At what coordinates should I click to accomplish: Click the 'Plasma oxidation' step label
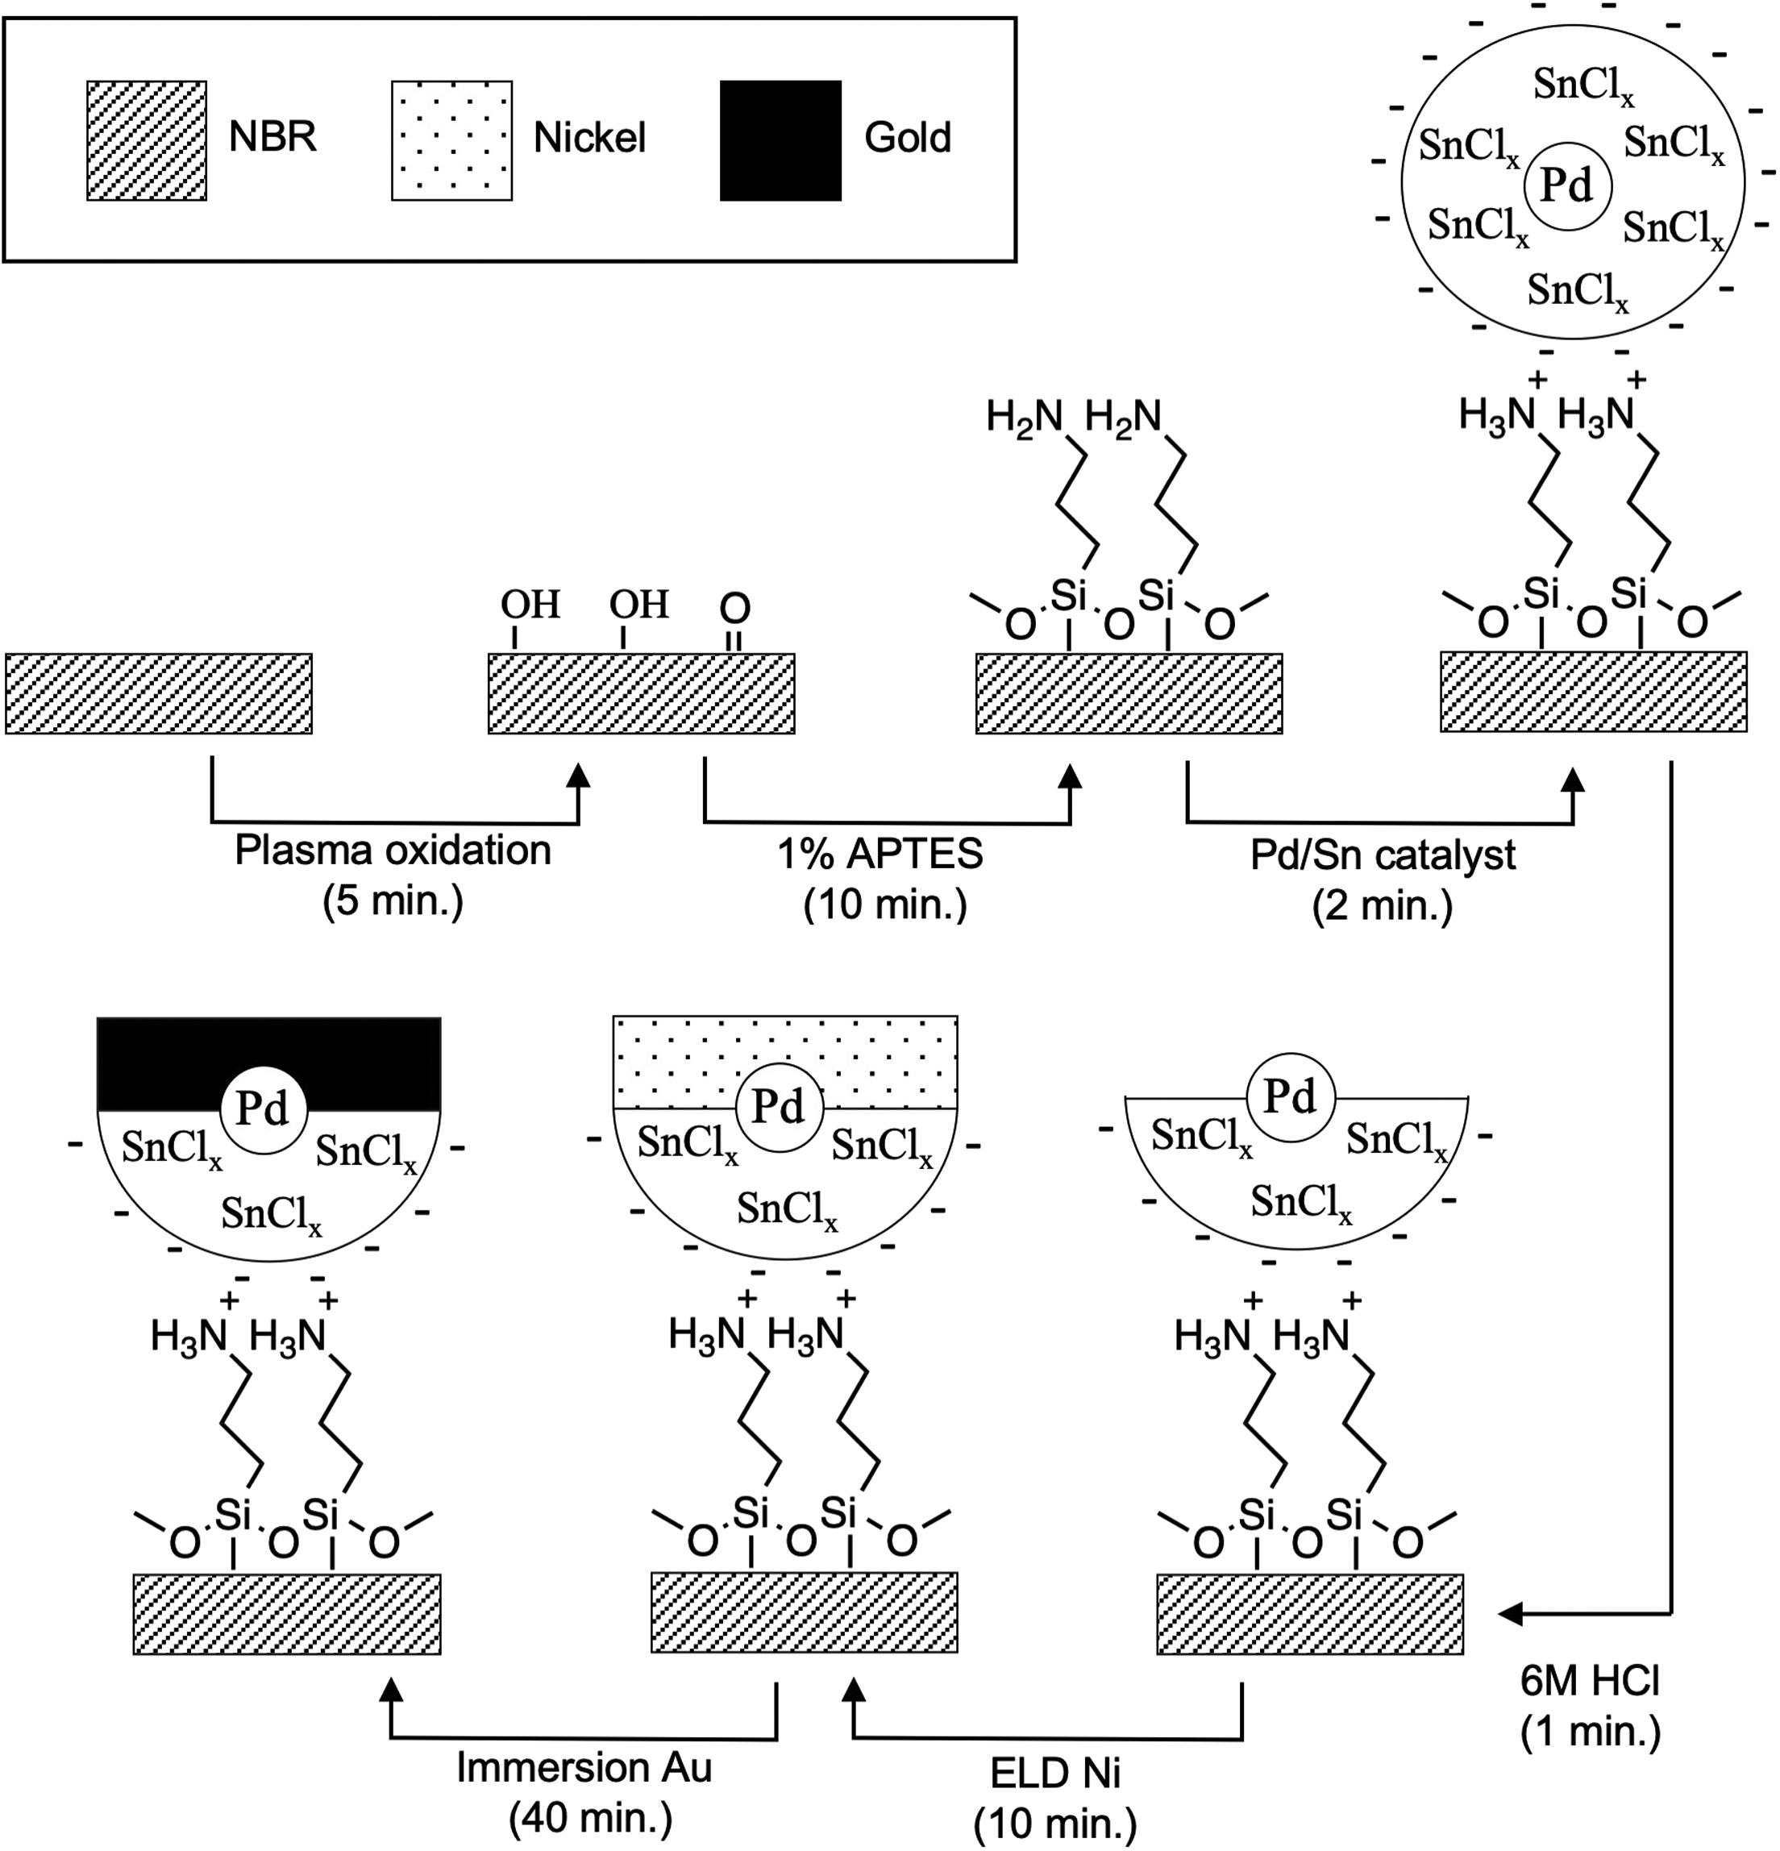392,851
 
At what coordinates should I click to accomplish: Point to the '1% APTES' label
880,855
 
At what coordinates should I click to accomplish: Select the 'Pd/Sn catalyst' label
1383,855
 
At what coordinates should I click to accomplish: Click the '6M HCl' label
1589,1680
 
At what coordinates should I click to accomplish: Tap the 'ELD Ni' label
1054,1774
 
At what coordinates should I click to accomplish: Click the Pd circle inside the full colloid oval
1566,186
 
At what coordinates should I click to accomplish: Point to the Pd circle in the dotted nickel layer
778,1106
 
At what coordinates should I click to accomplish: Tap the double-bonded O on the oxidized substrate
734,608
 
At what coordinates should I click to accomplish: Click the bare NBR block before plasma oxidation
159,693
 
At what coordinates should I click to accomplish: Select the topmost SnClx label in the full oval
1582,85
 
